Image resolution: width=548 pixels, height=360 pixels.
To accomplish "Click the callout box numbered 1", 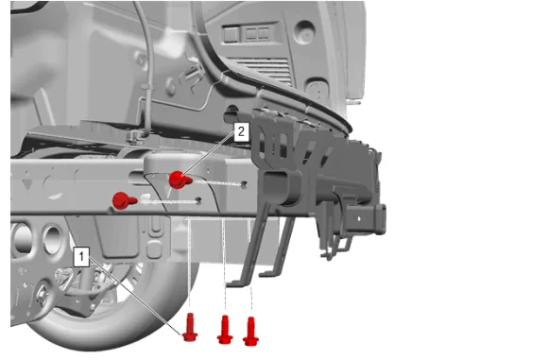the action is click(81, 257).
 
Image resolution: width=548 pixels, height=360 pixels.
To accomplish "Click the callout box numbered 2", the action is click(241, 131).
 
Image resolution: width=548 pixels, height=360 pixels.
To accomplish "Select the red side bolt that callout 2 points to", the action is click(180, 180).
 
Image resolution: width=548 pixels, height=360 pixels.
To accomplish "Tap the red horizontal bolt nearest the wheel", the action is click(124, 200).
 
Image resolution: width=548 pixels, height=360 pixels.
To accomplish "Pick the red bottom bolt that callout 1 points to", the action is click(190, 327).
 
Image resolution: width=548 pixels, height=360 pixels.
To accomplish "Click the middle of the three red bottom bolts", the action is click(225, 330).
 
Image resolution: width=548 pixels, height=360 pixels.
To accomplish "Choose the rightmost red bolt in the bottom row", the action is click(250, 332).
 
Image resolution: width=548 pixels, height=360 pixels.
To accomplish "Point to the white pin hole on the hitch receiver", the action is click(359, 219).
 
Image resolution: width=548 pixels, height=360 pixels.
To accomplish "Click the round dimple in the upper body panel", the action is click(305, 32).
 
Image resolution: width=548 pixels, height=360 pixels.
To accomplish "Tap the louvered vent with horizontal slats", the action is click(265, 70).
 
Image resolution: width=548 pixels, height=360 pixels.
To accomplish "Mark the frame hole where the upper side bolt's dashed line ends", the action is click(244, 183).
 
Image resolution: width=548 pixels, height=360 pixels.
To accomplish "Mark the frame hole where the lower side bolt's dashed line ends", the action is click(198, 200).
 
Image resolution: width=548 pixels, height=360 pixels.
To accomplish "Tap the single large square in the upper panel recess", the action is click(231, 34).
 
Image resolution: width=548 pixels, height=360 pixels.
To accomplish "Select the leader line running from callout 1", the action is click(136, 297).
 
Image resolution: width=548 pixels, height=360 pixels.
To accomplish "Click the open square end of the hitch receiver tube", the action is click(379, 218).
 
